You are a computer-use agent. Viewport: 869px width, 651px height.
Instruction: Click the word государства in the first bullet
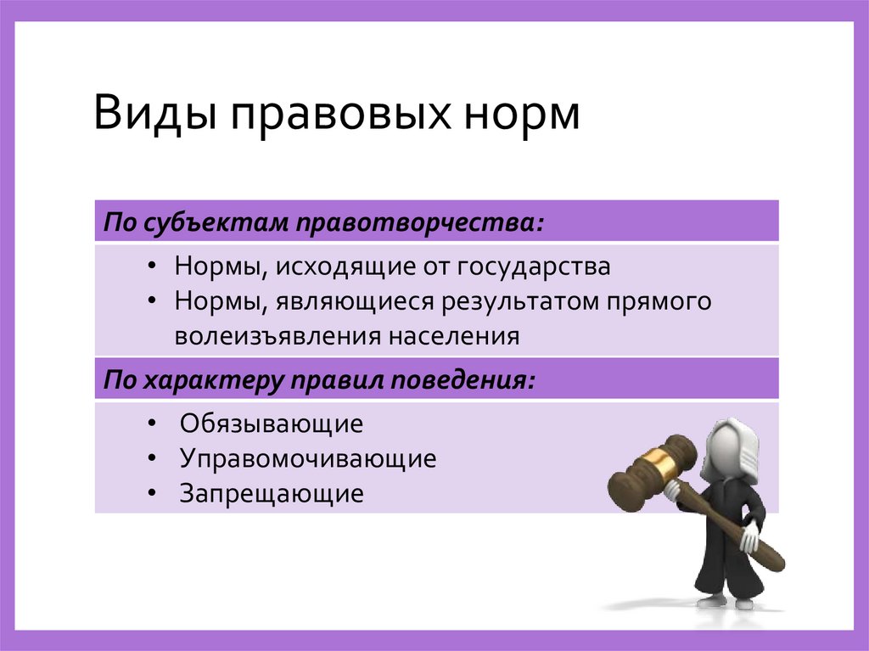point(535,267)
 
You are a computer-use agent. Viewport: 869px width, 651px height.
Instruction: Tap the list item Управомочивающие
point(307,459)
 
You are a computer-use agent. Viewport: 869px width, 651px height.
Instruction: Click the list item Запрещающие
point(271,494)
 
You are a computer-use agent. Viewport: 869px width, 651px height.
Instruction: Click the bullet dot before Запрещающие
point(151,493)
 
